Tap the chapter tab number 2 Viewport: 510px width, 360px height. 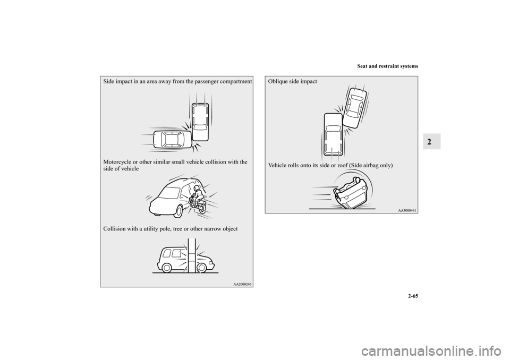431,141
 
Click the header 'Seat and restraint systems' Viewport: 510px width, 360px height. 387,66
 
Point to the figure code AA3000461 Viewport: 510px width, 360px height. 407,210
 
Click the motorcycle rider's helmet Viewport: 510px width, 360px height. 196,188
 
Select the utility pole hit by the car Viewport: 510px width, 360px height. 192,255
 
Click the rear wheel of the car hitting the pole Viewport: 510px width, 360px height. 166,267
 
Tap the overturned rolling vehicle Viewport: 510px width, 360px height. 351,193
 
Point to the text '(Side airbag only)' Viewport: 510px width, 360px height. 371,165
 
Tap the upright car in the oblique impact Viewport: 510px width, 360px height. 334,135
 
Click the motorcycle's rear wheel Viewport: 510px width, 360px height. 202,207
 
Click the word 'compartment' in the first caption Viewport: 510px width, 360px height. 236,82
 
